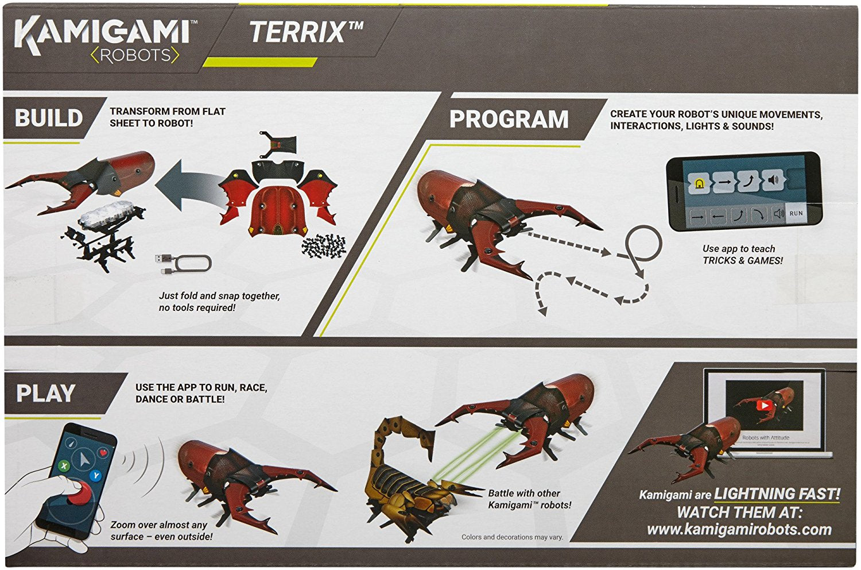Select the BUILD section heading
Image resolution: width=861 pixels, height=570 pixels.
pyautogui.click(x=49, y=118)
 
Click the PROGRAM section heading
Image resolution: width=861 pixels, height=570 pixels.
pyautogui.click(x=509, y=120)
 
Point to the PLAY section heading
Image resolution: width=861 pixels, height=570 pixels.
pyautogui.click(x=46, y=394)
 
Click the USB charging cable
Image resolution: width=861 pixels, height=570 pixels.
pyautogui.click(x=183, y=264)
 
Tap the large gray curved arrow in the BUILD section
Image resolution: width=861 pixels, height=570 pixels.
pyautogui.click(x=191, y=186)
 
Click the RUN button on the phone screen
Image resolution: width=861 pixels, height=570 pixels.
pyautogui.click(x=796, y=213)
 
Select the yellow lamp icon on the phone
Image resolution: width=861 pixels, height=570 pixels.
pyautogui.click(x=698, y=184)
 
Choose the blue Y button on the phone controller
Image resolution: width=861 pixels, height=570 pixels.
pyautogui.click(x=96, y=476)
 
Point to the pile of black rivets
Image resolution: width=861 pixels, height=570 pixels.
pyautogui.click(x=324, y=247)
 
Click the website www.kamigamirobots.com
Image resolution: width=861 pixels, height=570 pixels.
pyautogui.click(x=739, y=530)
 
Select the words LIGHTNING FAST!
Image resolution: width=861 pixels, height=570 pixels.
pyautogui.click(x=777, y=494)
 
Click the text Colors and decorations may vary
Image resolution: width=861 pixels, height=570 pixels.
pyautogui.click(x=512, y=537)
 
